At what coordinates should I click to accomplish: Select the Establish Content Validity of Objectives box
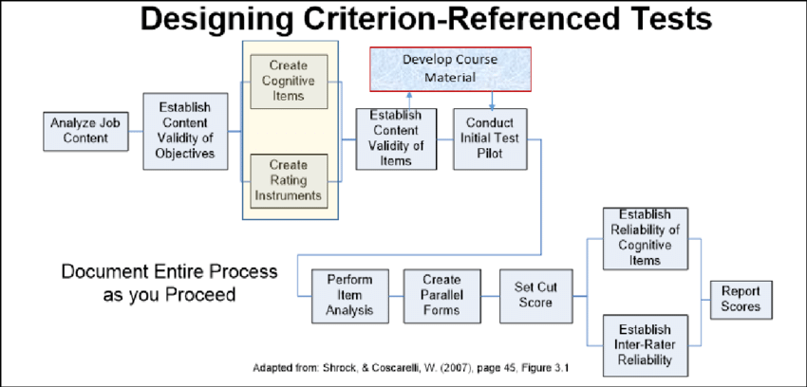tap(186, 131)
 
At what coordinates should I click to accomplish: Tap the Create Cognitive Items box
tap(288, 81)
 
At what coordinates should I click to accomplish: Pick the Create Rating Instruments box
tap(288, 180)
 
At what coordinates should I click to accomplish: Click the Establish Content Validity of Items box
tap(396, 138)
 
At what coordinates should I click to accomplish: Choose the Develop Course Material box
tap(450, 66)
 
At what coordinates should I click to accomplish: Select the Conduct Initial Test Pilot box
tap(490, 138)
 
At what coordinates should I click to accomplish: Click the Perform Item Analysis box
tap(348, 296)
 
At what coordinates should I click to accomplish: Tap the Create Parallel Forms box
tap(442, 296)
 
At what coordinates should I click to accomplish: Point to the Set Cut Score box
tap(537, 296)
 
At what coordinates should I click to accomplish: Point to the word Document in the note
tap(103, 272)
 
